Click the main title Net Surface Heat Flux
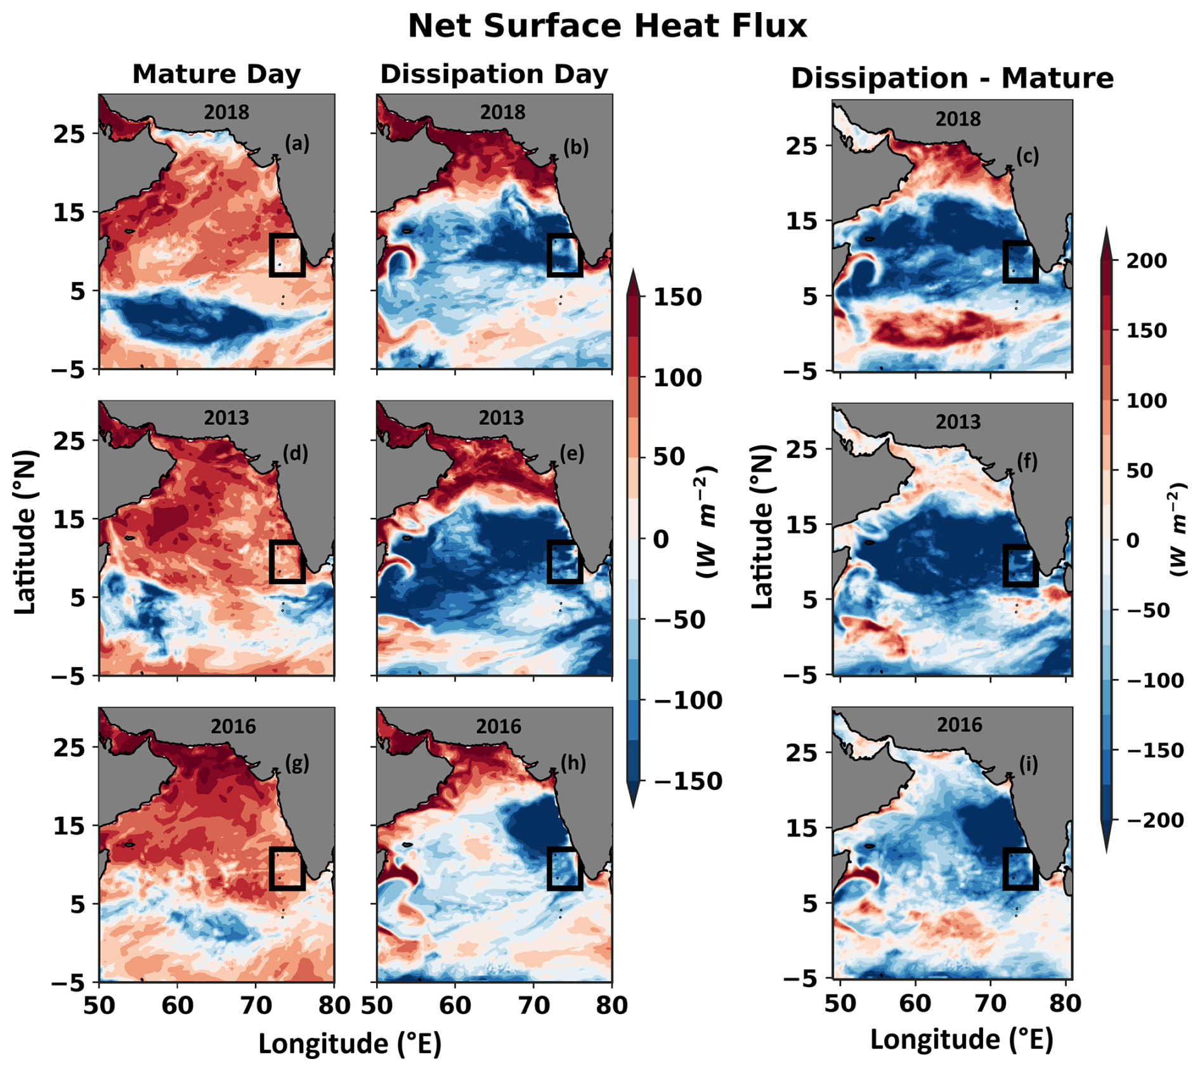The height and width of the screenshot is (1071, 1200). [607, 27]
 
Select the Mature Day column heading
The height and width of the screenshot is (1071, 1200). [216, 74]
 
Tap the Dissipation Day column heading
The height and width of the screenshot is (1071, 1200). [494, 74]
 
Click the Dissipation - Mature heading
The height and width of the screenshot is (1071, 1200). [952, 79]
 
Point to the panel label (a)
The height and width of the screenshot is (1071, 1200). [297, 144]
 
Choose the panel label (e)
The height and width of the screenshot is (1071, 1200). [571, 454]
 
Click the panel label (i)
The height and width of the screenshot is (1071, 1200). [1028, 765]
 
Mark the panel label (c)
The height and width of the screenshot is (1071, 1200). [1027, 157]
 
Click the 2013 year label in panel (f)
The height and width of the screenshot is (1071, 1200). [958, 422]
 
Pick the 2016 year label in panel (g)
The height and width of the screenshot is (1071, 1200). [233, 726]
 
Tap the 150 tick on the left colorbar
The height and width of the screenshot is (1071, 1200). [677, 297]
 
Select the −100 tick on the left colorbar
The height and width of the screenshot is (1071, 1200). [688, 701]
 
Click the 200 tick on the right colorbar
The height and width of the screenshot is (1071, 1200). [1146, 261]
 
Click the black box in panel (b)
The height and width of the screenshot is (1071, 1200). [564, 255]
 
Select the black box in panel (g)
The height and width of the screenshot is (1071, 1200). [287, 869]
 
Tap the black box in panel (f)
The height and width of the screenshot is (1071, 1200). [1021, 565]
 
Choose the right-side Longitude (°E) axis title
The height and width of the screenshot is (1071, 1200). [962, 1040]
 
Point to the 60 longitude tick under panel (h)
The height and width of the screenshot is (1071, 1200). [455, 1005]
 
